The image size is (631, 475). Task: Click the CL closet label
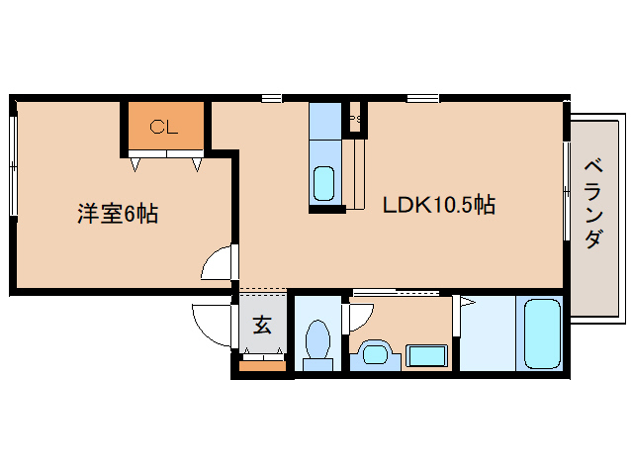(x=163, y=126)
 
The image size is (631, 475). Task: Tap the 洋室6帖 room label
(x=118, y=213)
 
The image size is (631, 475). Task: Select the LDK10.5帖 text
(x=439, y=206)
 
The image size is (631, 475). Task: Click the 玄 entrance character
(x=262, y=325)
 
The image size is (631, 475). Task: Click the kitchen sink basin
(x=324, y=183)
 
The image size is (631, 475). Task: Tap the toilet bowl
(x=317, y=342)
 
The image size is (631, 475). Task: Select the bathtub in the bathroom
(x=541, y=333)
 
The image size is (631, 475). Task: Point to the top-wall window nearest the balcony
(x=422, y=97)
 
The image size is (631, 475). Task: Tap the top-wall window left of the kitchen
(x=270, y=97)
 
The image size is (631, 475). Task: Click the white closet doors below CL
(x=165, y=153)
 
